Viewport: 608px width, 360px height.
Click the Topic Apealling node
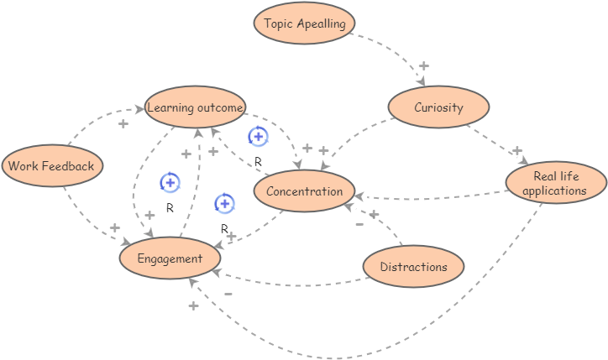[x=305, y=23]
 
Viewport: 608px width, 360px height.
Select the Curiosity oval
[x=438, y=107]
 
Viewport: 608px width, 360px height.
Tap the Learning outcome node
[x=195, y=107]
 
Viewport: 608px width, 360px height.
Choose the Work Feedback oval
[x=52, y=165]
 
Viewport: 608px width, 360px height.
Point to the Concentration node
[x=304, y=191]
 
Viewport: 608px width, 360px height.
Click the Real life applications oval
[x=554, y=183]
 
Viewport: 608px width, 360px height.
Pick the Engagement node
[x=170, y=258]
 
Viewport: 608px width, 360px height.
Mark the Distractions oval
[x=413, y=267]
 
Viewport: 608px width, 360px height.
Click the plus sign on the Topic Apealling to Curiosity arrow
[x=423, y=65]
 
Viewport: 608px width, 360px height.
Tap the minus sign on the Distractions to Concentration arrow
[x=359, y=224]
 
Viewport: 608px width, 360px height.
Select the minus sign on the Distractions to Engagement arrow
[x=228, y=294]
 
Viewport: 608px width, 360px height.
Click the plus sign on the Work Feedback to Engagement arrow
[x=114, y=227]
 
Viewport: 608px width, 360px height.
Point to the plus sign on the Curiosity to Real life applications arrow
[x=517, y=150]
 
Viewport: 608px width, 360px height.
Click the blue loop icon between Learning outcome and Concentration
[x=258, y=136]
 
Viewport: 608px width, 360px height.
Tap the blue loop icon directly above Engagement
[x=170, y=182]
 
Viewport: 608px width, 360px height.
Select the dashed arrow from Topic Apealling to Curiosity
[x=395, y=50]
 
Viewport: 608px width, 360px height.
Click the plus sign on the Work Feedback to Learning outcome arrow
[x=123, y=123]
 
